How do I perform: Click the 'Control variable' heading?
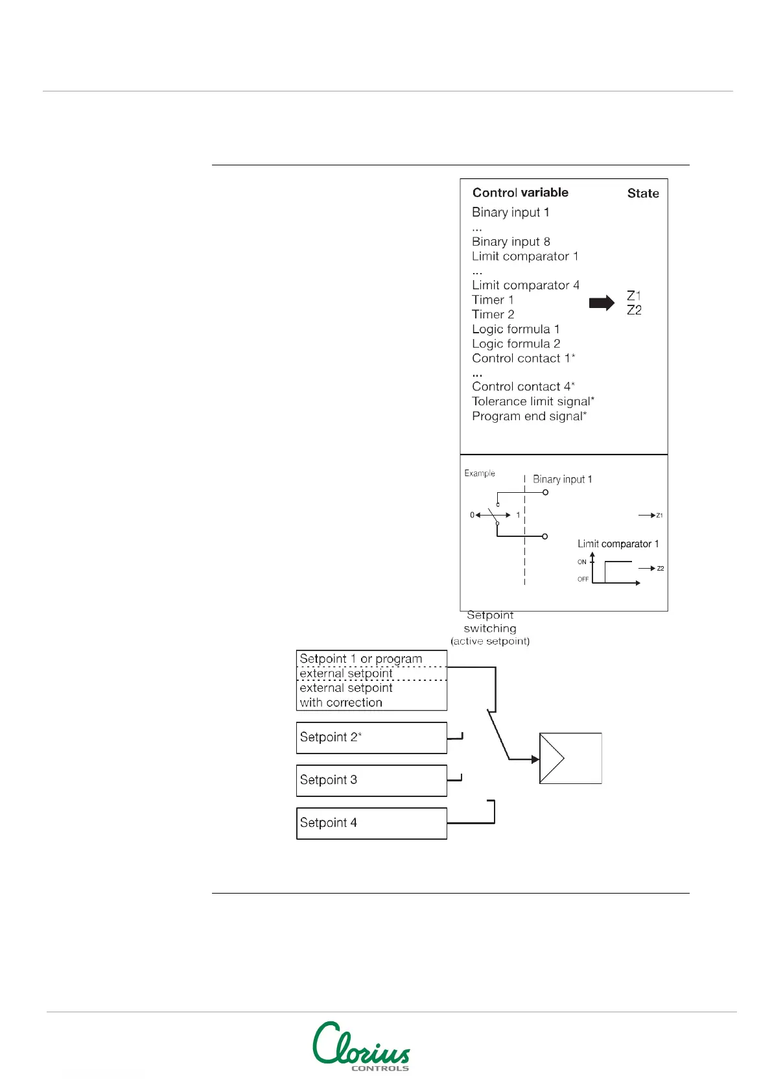pyautogui.click(x=520, y=193)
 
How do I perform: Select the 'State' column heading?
pyautogui.click(x=642, y=193)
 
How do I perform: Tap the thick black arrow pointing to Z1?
pyautogui.click(x=602, y=303)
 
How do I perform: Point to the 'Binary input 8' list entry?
pyautogui.click(x=511, y=242)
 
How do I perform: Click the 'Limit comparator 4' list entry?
pyautogui.click(x=525, y=285)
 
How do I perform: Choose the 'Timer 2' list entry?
pyautogui.click(x=493, y=315)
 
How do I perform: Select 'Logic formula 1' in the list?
pyautogui.click(x=515, y=329)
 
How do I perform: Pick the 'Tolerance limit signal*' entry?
pyautogui.click(x=533, y=401)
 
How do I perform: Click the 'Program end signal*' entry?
pyautogui.click(x=529, y=416)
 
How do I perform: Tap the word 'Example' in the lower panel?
pyautogui.click(x=480, y=473)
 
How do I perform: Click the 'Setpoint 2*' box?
pyautogui.click(x=371, y=738)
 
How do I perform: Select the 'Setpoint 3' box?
pyautogui.click(x=371, y=781)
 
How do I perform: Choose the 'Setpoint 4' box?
pyautogui.click(x=371, y=824)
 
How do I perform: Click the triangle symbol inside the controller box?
pyautogui.click(x=553, y=759)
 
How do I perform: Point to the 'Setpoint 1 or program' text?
pyautogui.click(x=360, y=659)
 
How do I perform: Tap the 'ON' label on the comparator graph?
pyautogui.click(x=581, y=562)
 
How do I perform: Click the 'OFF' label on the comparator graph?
pyautogui.click(x=583, y=579)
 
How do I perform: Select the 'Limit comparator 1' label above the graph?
pyautogui.click(x=618, y=544)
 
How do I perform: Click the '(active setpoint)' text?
pyautogui.click(x=490, y=641)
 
